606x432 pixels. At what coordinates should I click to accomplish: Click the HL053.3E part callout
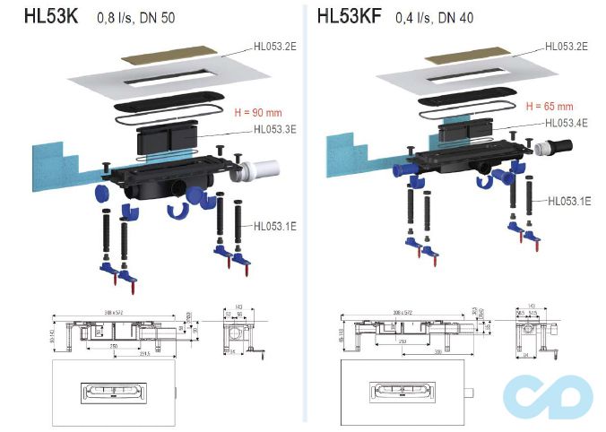(x=275, y=129)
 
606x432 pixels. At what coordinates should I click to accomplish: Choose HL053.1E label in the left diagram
(x=275, y=226)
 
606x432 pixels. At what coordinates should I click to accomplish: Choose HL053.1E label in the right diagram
(x=568, y=202)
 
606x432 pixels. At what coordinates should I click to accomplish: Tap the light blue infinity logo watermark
(x=549, y=393)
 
